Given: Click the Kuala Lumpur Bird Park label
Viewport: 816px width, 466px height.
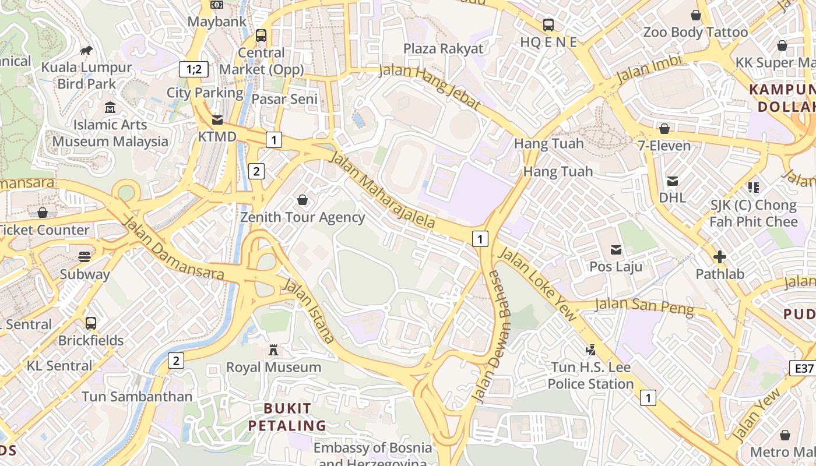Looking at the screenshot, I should click(x=86, y=76).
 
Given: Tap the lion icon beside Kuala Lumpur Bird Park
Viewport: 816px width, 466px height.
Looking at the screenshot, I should click(x=86, y=51).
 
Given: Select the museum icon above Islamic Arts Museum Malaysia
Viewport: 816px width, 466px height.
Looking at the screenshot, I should click(x=110, y=108).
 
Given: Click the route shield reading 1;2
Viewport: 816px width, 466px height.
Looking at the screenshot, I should click(x=194, y=69).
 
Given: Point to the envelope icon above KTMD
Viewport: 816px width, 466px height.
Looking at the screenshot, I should click(x=217, y=120).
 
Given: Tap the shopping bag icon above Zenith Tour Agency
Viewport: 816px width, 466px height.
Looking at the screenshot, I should click(x=303, y=200).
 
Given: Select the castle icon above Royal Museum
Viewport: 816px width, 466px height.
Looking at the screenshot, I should click(x=273, y=350).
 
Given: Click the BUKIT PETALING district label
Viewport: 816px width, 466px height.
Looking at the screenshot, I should click(x=287, y=416).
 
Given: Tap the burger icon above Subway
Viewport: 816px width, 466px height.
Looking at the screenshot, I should click(x=85, y=257).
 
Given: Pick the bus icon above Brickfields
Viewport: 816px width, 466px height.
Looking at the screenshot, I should click(x=91, y=323).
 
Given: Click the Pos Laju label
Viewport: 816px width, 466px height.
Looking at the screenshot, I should click(x=616, y=267).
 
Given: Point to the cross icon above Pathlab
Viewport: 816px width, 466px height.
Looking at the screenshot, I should click(x=720, y=256).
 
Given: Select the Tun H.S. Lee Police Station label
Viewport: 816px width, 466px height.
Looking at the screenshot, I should click(x=590, y=376).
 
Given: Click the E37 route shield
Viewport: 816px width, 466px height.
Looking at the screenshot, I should click(x=803, y=368).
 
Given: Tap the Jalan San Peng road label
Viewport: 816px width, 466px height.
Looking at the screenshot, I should click(x=645, y=306).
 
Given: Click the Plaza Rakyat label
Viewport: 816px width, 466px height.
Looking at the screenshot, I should click(x=443, y=48).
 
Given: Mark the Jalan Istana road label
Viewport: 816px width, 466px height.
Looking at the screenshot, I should click(x=309, y=310).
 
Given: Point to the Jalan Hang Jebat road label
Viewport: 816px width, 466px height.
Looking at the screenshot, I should click(x=430, y=86).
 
